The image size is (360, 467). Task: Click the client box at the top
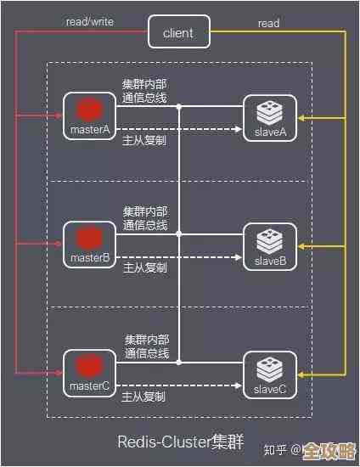tap(178, 33)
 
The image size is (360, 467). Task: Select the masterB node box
tap(89, 246)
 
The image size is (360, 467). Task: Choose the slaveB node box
tap(270, 246)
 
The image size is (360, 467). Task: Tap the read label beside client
tap(268, 25)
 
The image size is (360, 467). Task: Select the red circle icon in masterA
tap(88, 110)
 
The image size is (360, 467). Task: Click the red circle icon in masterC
tap(88, 365)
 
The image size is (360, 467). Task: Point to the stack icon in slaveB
tap(270, 239)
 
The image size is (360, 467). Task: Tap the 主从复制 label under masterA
tap(144, 139)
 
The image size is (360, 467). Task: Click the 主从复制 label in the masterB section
tap(144, 267)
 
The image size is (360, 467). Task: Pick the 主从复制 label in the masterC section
tap(144, 396)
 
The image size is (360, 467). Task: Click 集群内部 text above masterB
tap(145, 211)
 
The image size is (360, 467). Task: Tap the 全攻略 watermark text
tap(329, 450)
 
